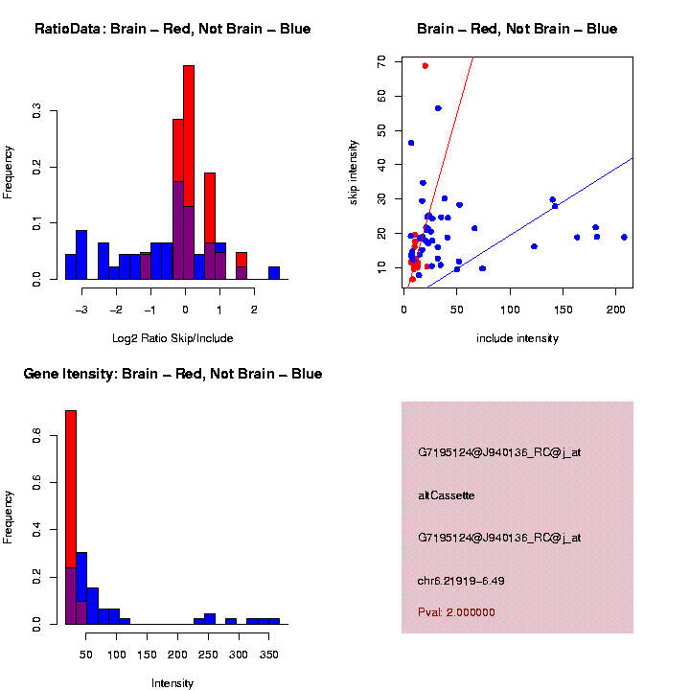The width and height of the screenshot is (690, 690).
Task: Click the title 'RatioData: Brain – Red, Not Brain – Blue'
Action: (x=172, y=29)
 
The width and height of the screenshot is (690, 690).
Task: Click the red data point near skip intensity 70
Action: (x=425, y=66)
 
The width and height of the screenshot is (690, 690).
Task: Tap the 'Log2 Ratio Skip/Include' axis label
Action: (x=172, y=337)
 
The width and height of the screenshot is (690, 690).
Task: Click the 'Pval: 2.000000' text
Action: (x=456, y=612)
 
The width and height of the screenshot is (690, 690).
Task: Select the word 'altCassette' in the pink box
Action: (x=447, y=495)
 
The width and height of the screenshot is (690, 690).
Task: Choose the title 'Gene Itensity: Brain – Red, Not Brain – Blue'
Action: (x=172, y=374)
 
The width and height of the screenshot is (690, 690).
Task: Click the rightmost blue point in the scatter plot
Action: (x=624, y=237)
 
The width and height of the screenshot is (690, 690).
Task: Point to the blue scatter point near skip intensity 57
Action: (x=438, y=108)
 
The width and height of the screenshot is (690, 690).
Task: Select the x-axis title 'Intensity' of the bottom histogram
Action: (x=172, y=683)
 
